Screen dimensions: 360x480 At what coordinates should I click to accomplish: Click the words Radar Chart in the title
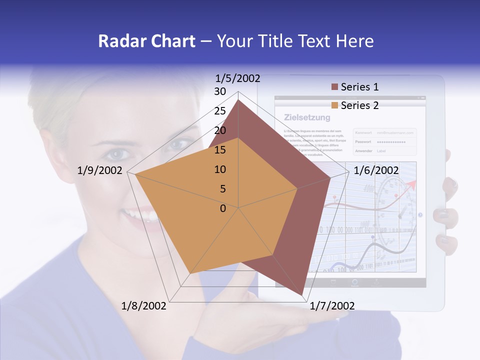[x=146, y=41]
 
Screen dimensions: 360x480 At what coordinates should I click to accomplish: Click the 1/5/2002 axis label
[x=237, y=78]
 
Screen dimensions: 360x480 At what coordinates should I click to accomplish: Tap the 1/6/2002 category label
[x=376, y=170]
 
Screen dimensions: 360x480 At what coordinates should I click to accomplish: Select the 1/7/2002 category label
[x=332, y=306]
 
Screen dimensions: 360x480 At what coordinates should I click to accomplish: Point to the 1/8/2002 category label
[x=144, y=306]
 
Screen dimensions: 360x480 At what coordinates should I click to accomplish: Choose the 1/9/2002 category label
[x=100, y=170]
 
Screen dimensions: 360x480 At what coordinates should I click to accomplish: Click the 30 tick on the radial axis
[x=220, y=91]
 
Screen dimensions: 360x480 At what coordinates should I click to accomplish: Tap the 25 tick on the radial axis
[x=220, y=111]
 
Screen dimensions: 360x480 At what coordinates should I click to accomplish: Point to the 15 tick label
[x=220, y=150]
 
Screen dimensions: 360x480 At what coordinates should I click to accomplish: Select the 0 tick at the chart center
[x=223, y=208]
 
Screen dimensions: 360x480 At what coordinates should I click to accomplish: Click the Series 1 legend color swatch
[x=335, y=87]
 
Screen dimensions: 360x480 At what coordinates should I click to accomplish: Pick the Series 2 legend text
[x=359, y=105]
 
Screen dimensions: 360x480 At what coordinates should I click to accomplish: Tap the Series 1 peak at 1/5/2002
[x=238, y=100]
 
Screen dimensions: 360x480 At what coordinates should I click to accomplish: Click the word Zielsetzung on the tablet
[x=307, y=117]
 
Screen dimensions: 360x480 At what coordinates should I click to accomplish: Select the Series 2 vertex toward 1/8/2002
[x=189, y=274]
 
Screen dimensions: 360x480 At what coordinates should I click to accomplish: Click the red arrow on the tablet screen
[x=412, y=185]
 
